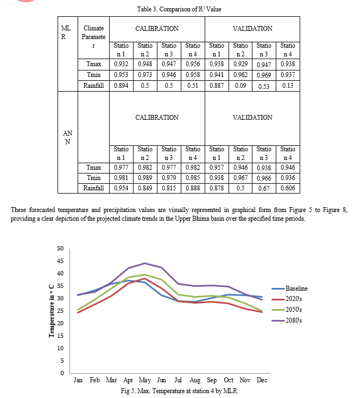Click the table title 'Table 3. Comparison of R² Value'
tap(179, 9)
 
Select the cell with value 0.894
tap(121, 86)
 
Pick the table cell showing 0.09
tap(240, 86)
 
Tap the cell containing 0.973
tap(145, 75)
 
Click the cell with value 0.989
tap(145, 178)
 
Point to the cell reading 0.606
tap(288, 188)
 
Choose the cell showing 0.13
tap(288, 86)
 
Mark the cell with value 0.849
tap(145, 188)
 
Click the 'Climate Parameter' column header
tap(93, 37)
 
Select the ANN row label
tap(67, 137)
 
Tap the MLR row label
tap(66, 33)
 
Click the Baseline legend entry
tap(289, 288)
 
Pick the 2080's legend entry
tap(287, 320)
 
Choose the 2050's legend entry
tap(287, 310)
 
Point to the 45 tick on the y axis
tap(60, 261)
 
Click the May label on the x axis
tap(145, 380)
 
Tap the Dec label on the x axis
tap(262, 380)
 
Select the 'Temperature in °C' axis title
tap(52, 311)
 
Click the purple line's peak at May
tap(145, 263)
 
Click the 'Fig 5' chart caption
tap(179, 391)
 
